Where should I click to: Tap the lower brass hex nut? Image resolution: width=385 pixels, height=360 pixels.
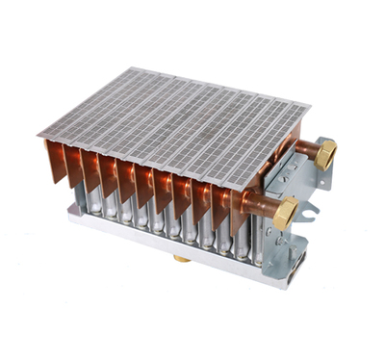pyautogui.click(x=286, y=214)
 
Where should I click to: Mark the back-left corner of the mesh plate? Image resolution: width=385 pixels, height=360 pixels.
pyautogui.click(x=142, y=68)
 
